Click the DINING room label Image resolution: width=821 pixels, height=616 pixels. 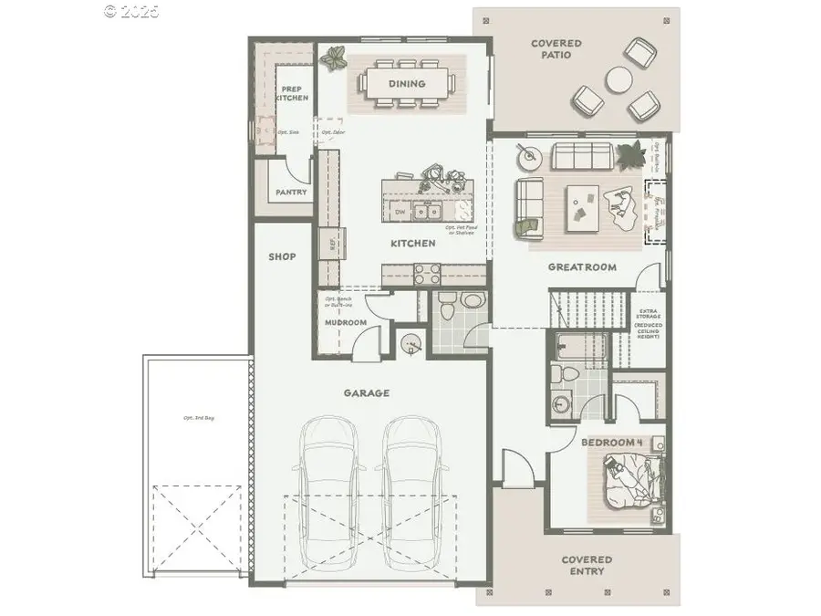[407, 84]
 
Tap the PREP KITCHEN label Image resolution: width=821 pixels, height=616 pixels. [293, 93]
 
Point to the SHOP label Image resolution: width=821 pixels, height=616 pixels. [282, 256]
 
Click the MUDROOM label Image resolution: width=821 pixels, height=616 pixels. [346, 322]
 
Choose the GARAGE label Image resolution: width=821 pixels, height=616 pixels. [367, 393]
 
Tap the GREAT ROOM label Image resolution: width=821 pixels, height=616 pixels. [581, 267]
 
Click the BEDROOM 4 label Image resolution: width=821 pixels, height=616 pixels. [613, 443]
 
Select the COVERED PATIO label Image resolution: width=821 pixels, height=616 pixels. [556, 49]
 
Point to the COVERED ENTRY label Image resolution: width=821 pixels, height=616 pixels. [587, 565]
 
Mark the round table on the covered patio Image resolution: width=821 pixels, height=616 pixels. [621, 80]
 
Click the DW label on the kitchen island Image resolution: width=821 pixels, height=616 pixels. [400, 212]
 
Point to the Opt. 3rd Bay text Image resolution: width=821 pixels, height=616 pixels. [197, 418]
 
